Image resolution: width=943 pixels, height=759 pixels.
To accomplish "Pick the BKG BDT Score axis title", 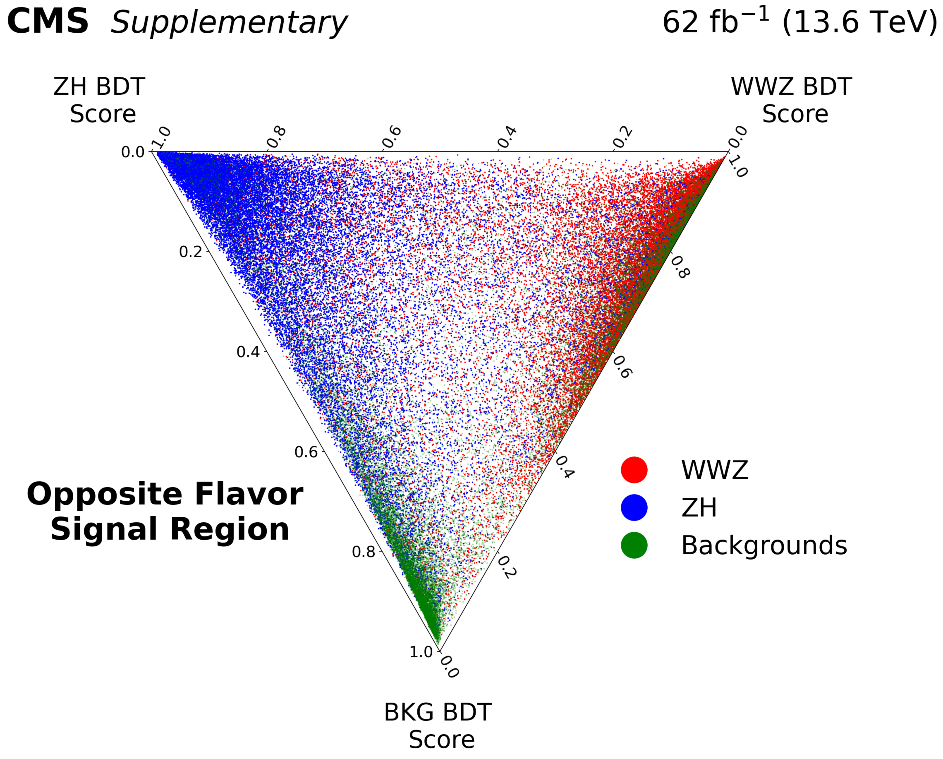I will pos(438,726).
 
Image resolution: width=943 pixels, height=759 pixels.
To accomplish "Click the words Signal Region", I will pos(170,529).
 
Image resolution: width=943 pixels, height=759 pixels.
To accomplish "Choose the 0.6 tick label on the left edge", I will pos(306,452).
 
